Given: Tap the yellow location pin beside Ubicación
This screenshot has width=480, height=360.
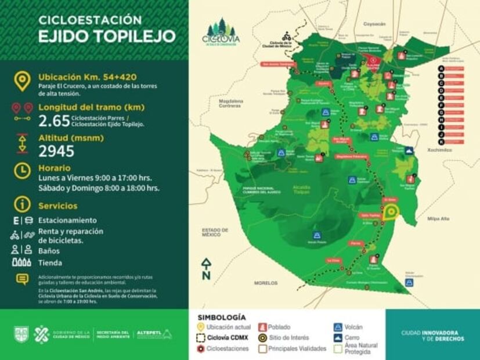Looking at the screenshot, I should pyautogui.click(x=23, y=80).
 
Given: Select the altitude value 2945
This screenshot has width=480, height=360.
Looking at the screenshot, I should pyautogui.click(x=56, y=152).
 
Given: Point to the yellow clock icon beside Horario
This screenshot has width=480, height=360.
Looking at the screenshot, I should pyautogui.click(x=22, y=171).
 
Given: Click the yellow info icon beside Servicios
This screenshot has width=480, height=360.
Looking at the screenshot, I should pyautogui.click(x=22, y=204).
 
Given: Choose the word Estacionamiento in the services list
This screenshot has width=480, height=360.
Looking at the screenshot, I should pyautogui.click(x=67, y=221).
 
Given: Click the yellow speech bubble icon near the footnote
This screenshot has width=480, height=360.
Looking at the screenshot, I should pyautogui.click(x=22, y=279).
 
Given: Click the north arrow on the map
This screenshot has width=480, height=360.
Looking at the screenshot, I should pyautogui.click(x=205, y=269).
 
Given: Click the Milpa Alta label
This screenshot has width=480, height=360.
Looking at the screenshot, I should pyautogui.click(x=438, y=219).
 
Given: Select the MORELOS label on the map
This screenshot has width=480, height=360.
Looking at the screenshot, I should pyautogui.click(x=266, y=283).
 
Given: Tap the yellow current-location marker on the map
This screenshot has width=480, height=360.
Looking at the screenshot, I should pyautogui.click(x=391, y=213).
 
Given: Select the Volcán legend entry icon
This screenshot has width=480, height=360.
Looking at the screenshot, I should pyautogui.click(x=338, y=327).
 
